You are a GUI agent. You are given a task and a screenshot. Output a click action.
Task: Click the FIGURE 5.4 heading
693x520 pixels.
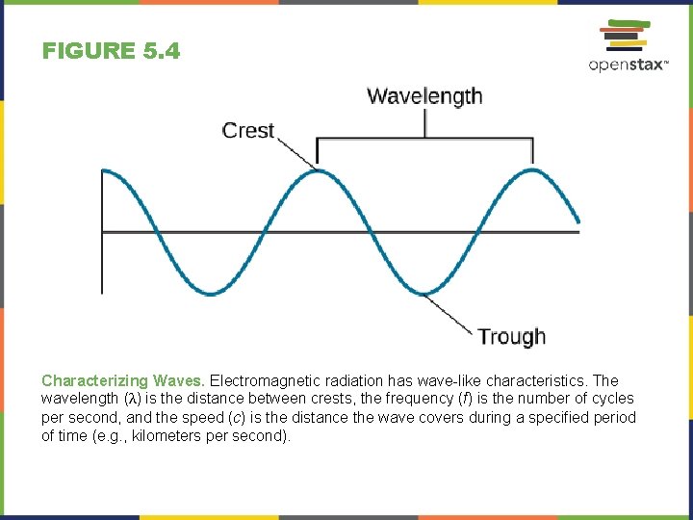(111, 51)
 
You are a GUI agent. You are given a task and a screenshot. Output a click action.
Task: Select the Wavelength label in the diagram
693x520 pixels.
(424, 96)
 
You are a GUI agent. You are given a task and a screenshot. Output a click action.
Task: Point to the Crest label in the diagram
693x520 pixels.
(248, 130)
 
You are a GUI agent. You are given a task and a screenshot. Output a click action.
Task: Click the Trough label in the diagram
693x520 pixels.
(511, 336)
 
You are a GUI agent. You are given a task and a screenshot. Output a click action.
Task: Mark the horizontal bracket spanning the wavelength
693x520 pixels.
(424, 140)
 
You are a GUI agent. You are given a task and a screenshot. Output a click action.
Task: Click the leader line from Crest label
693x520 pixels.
(296, 152)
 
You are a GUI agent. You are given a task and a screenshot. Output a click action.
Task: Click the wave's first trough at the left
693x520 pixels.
(210, 292)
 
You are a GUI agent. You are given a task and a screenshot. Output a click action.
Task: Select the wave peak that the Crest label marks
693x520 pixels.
(318, 172)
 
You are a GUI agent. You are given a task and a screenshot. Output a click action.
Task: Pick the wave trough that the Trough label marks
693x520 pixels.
(424, 292)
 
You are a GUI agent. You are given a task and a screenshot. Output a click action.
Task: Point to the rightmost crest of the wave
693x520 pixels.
(531, 172)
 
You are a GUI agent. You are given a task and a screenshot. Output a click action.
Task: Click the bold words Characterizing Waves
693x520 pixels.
(123, 380)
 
